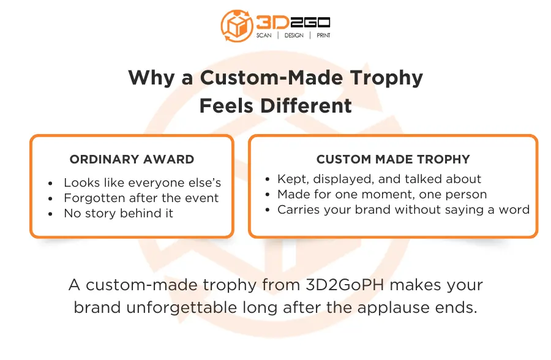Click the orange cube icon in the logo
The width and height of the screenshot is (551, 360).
(x=236, y=26)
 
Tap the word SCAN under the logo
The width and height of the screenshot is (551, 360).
(x=264, y=35)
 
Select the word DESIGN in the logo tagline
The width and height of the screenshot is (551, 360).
(x=294, y=35)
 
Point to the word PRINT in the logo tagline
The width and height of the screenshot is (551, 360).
(x=323, y=35)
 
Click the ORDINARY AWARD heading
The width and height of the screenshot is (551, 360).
(x=132, y=159)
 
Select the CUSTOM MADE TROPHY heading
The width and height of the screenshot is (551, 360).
(x=393, y=159)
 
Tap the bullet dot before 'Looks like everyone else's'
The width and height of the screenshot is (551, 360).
(x=51, y=183)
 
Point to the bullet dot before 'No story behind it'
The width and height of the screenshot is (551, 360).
(x=51, y=214)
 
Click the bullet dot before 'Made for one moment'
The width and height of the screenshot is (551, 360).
(x=268, y=195)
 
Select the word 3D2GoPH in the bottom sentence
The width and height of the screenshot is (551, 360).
(x=345, y=285)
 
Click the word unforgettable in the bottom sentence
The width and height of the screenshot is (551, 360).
(x=181, y=307)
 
